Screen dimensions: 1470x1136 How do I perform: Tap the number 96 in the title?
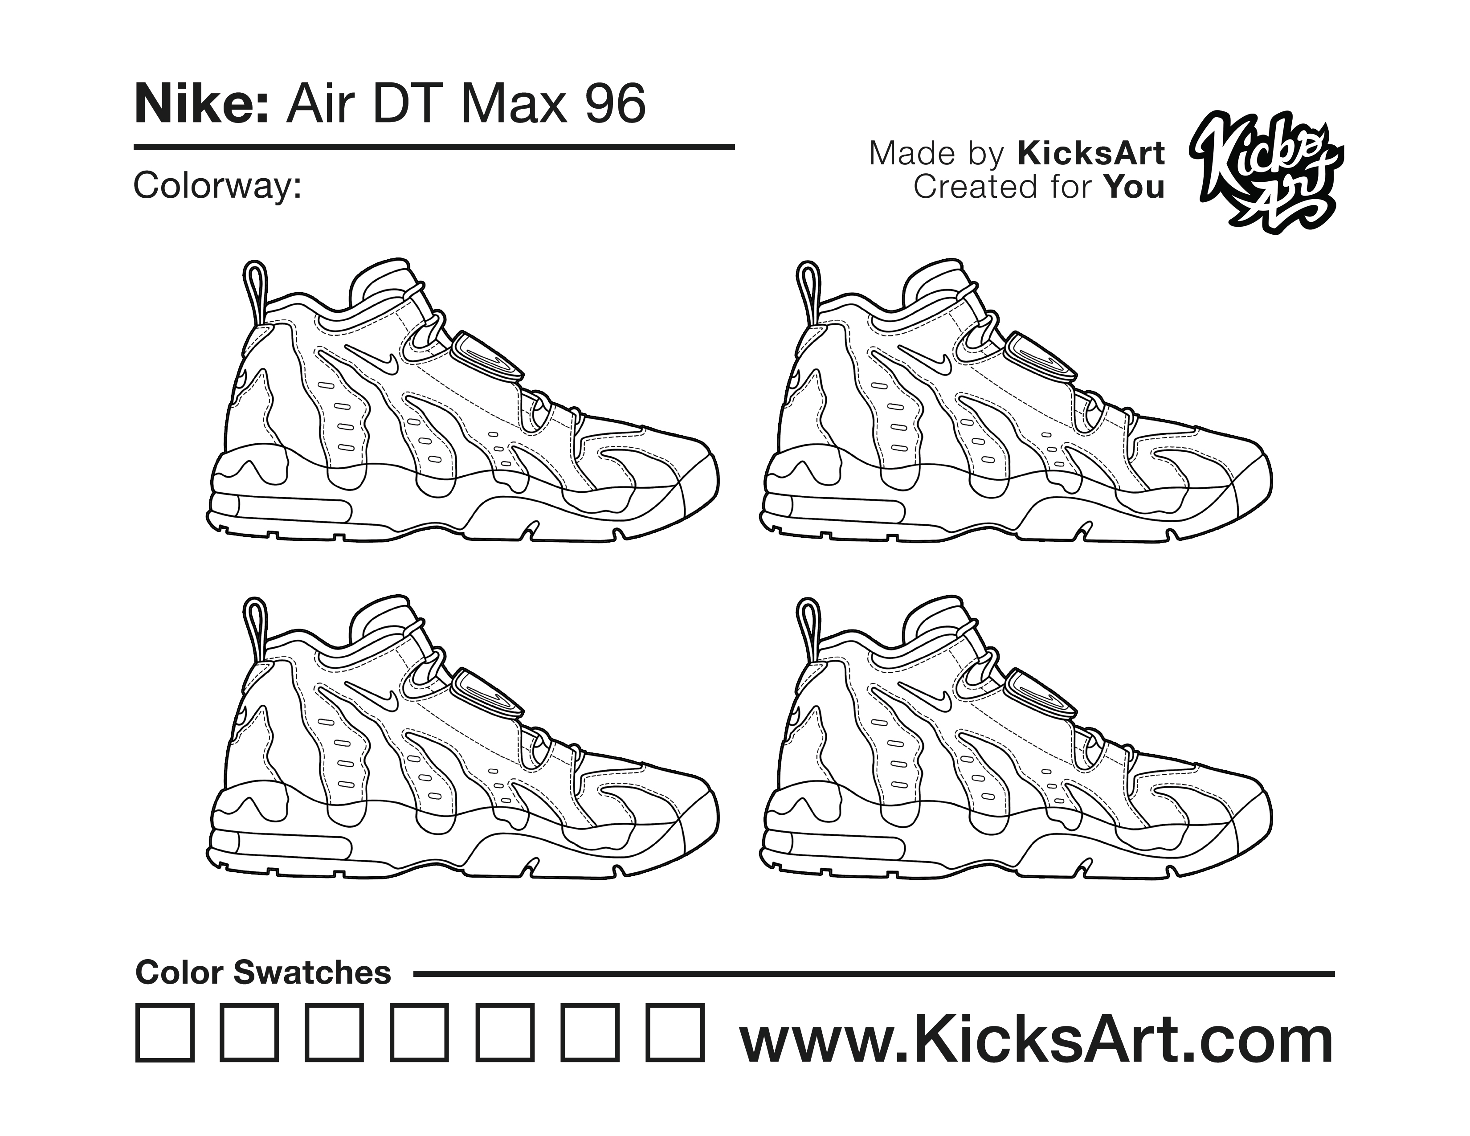(615, 104)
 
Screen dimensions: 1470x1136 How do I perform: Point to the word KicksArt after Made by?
(1090, 153)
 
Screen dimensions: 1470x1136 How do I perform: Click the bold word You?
(1134, 187)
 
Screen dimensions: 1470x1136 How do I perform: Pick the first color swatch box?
(165, 1033)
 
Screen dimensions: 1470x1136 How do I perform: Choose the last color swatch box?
(675, 1033)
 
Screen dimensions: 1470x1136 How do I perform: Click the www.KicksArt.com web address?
(1037, 1040)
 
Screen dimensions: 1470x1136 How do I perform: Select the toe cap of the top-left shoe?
(697, 481)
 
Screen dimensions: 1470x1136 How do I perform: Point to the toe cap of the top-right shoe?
(1250, 481)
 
